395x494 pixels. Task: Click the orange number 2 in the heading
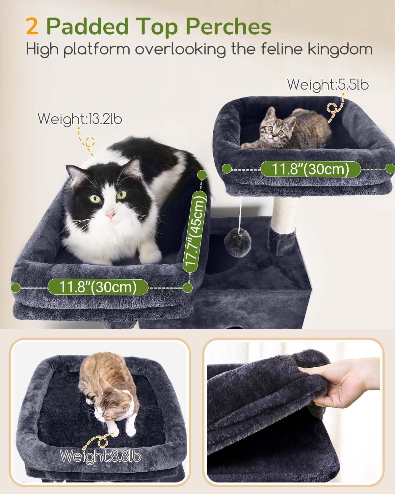32,27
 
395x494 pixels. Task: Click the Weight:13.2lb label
77,118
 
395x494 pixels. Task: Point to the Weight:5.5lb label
328,85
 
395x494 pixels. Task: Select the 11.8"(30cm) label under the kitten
310,169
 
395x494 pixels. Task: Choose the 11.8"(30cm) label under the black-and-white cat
97,287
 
